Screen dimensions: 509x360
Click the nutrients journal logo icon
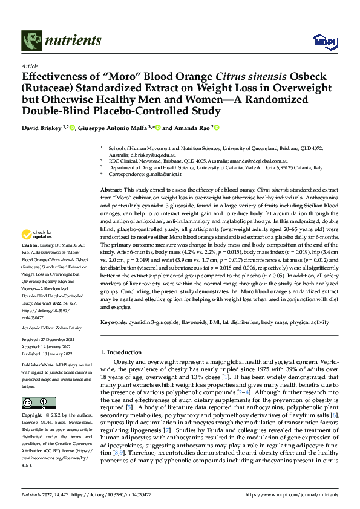point(30,41)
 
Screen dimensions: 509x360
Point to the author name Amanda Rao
point(192,128)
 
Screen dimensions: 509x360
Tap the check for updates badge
point(39,234)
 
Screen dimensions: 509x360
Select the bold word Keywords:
point(114,322)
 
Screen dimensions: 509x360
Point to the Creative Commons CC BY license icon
point(38,403)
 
